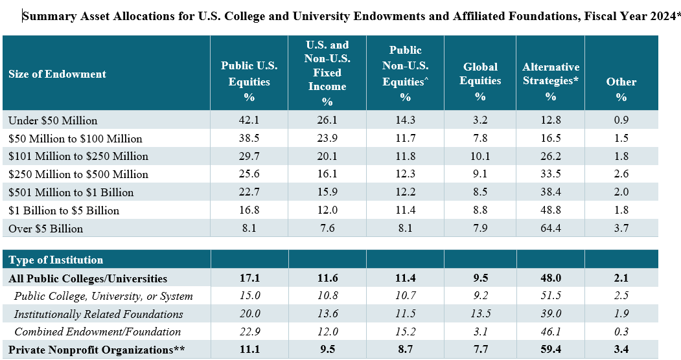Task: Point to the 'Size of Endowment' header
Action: point(57,74)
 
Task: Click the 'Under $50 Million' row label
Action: point(52,120)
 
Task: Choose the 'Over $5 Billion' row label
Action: point(45,229)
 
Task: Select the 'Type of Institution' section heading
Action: point(56,260)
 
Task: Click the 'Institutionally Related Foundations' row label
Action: point(98,314)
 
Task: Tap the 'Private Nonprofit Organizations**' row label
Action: point(97,350)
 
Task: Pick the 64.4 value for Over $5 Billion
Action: point(550,229)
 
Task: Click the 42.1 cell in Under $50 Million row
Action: point(249,120)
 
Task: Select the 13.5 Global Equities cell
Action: point(480,314)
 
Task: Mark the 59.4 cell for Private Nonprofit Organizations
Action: point(550,350)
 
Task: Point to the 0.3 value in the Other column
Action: point(621,332)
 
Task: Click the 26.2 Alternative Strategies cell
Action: point(550,156)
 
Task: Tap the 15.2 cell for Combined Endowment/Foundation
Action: point(405,332)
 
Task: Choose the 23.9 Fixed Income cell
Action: point(327,139)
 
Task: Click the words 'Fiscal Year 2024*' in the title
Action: point(628,17)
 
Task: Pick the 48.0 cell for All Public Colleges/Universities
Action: point(550,278)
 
